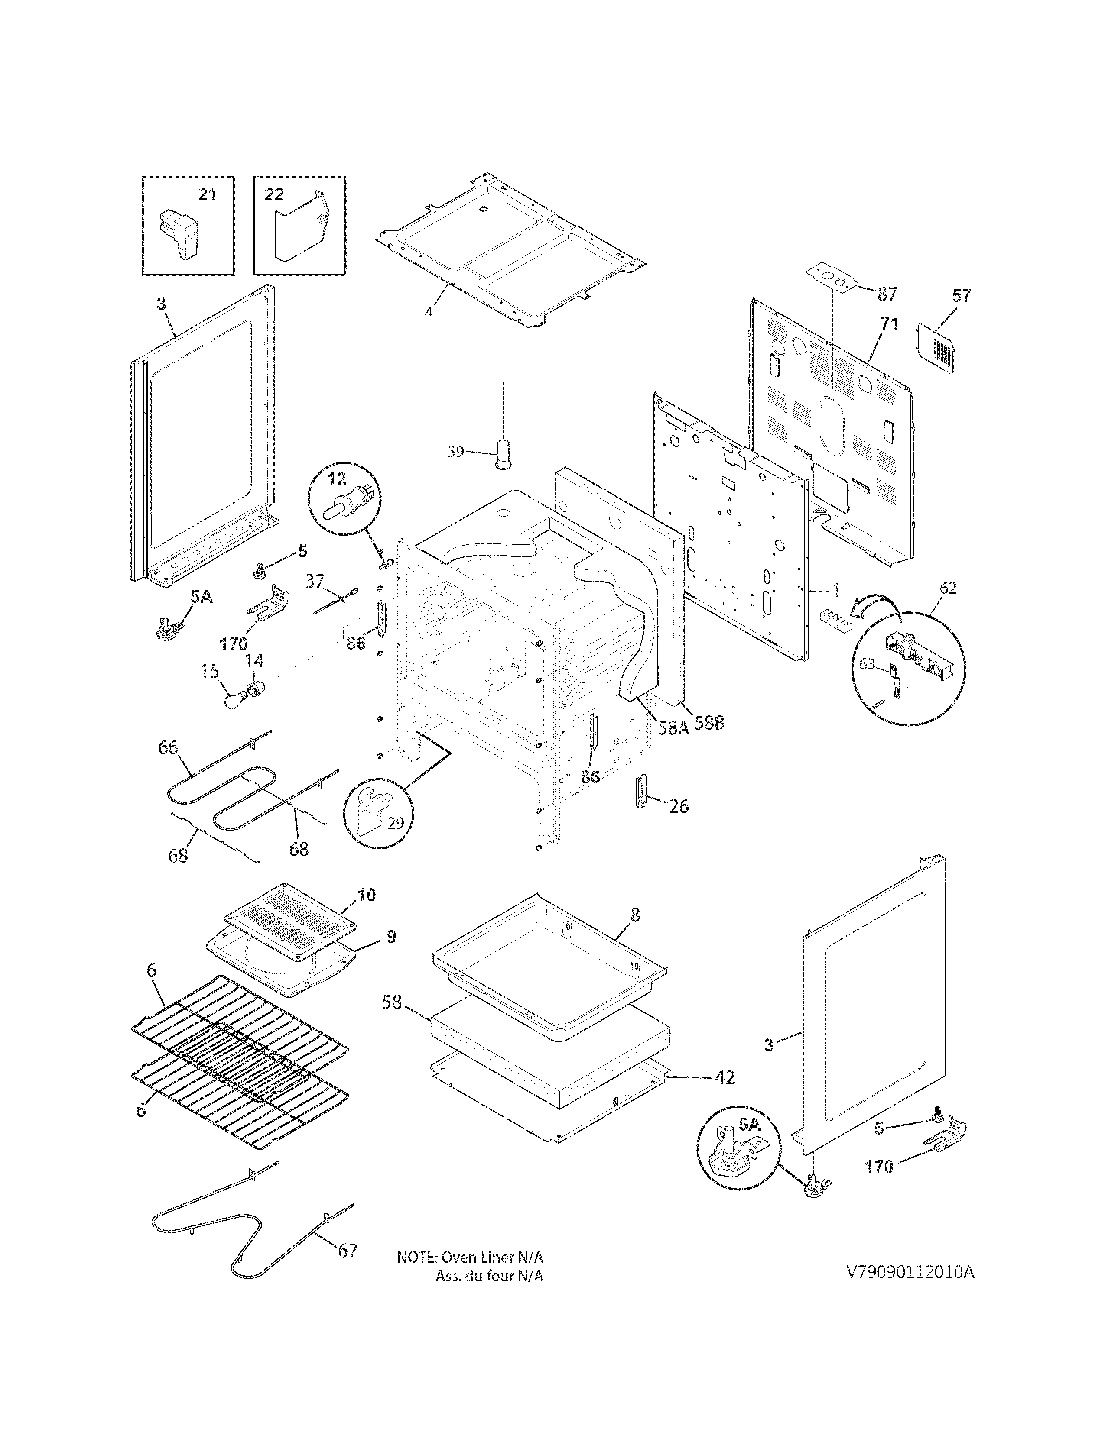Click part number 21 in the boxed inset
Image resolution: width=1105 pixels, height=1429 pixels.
pyautogui.click(x=207, y=194)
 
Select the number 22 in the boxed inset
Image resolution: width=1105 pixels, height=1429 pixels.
pyautogui.click(x=274, y=194)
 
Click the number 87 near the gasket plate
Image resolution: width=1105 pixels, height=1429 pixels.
pyautogui.click(x=887, y=294)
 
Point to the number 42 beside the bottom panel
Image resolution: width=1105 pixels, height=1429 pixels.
pyautogui.click(x=724, y=1077)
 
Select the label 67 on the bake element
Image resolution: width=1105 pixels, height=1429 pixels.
pyautogui.click(x=348, y=1251)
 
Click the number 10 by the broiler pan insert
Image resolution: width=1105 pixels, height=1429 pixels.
pyautogui.click(x=367, y=895)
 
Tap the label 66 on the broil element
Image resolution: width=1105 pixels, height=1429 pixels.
pyautogui.click(x=168, y=747)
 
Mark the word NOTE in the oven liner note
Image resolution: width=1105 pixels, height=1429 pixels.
pyautogui.click(x=416, y=1258)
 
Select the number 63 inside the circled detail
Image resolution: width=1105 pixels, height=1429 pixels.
pyautogui.click(x=867, y=664)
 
